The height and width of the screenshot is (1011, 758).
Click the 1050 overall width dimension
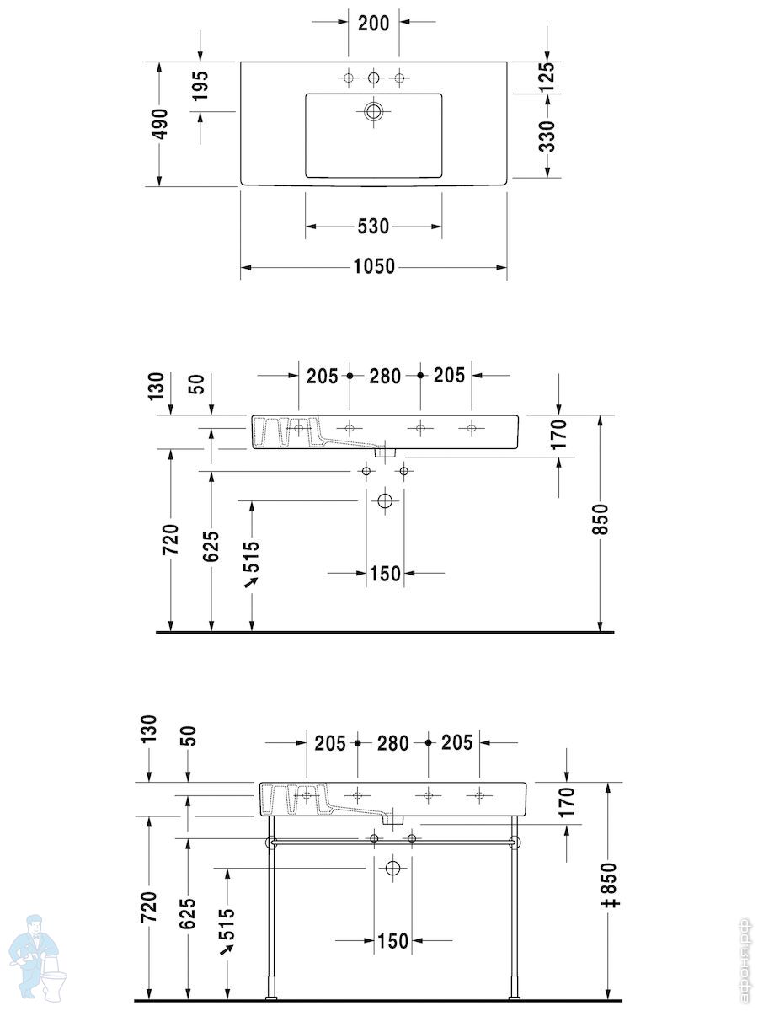point(374,266)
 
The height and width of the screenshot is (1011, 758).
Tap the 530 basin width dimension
point(373,226)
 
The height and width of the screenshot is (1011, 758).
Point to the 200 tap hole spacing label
point(373,23)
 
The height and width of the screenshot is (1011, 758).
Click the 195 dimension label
point(200,86)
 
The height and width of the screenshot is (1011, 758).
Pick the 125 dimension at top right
point(547,77)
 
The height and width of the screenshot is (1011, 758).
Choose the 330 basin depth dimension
point(547,136)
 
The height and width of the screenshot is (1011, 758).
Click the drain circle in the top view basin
point(373,111)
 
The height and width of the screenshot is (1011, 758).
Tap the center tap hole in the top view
point(373,78)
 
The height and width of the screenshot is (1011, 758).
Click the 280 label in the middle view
point(385,376)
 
